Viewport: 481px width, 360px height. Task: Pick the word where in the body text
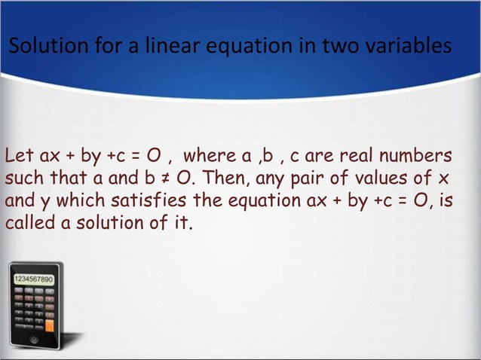tap(209, 157)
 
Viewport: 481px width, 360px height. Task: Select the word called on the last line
tap(29, 224)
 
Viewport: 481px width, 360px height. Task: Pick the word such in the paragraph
tap(24, 179)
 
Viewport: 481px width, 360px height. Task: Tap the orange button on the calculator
tap(50, 326)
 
